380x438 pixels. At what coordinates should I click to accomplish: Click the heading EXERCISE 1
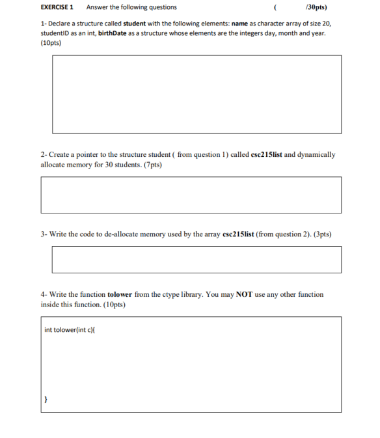(57, 7)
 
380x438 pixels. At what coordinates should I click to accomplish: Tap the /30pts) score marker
(316, 7)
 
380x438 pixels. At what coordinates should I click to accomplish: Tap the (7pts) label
(150, 165)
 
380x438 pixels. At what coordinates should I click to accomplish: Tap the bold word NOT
(244, 294)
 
